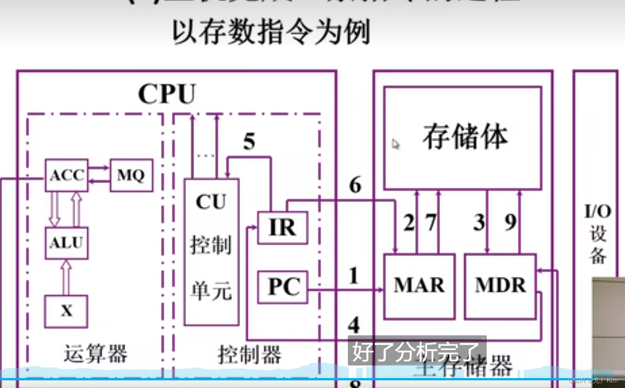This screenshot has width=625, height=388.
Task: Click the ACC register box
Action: pyautogui.click(x=66, y=175)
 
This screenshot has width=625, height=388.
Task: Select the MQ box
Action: pyautogui.click(x=131, y=175)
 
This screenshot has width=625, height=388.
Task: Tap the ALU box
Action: pyautogui.click(x=66, y=243)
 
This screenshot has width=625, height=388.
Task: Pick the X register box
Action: pyautogui.click(x=66, y=311)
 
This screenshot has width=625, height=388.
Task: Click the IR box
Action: pyautogui.click(x=283, y=228)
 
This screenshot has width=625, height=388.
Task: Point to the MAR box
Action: pyautogui.click(x=419, y=286)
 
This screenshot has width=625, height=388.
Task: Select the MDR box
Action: pyautogui.click(x=500, y=286)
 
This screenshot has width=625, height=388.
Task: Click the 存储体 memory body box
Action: pyautogui.click(x=462, y=138)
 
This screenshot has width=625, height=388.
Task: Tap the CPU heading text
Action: pyautogui.click(x=167, y=94)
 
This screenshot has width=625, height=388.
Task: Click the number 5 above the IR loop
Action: pyautogui.click(x=249, y=142)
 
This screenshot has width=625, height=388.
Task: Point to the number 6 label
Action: pyautogui.click(x=355, y=185)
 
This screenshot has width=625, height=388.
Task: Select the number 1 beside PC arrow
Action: pyautogui.click(x=354, y=275)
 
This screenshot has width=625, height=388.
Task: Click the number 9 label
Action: pyautogui.click(x=511, y=222)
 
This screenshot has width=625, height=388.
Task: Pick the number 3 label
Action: pyautogui.click(x=479, y=222)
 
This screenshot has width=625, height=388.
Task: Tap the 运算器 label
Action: pyautogui.click(x=96, y=354)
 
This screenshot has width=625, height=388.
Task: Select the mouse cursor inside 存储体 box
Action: pyautogui.click(x=396, y=144)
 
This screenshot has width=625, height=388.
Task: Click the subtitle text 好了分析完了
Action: pyautogui.click(x=417, y=352)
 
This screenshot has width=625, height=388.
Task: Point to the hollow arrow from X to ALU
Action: pyautogui.click(x=66, y=277)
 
